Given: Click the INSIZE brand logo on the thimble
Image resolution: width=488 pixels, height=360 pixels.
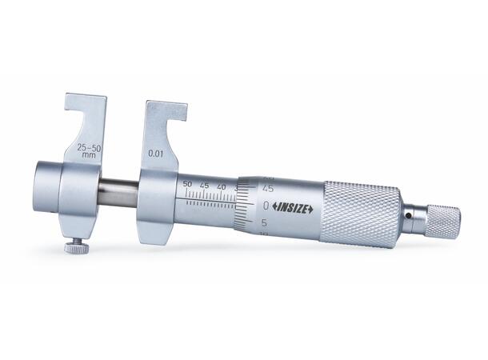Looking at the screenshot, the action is click(x=293, y=208).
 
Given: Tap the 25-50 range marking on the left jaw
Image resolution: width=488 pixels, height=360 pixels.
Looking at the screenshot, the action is click(x=90, y=149).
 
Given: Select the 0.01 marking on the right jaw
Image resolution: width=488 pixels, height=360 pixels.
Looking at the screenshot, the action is click(x=156, y=154).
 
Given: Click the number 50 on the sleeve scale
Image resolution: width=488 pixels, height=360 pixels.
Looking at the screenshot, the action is click(x=187, y=183).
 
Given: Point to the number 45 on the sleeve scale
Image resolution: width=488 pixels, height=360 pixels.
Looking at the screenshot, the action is click(x=205, y=186).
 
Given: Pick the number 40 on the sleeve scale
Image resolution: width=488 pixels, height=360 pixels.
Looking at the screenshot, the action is click(x=222, y=187).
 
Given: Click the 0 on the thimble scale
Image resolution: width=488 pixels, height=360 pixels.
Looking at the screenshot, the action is click(x=266, y=206).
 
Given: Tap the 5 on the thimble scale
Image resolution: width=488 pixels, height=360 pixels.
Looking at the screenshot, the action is click(x=264, y=222).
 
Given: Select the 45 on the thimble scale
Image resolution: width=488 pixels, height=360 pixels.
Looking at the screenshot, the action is click(x=268, y=189).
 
